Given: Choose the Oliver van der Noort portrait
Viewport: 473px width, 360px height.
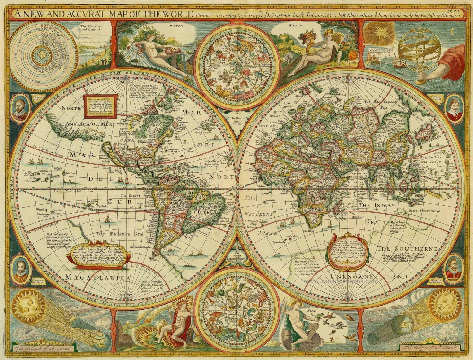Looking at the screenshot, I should pos(453,270).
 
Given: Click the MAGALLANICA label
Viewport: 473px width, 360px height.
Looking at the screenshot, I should pos(91,278).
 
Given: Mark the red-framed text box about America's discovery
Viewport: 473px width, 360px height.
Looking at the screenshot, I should pos(98,106).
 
